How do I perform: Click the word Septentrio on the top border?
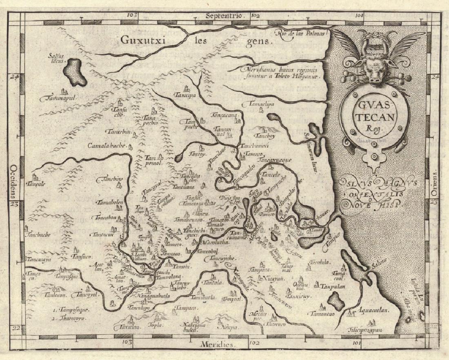click(225, 16)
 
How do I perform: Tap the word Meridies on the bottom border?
click(217, 344)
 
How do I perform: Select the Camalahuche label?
click(107, 146)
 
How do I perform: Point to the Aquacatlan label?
click(372, 311)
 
